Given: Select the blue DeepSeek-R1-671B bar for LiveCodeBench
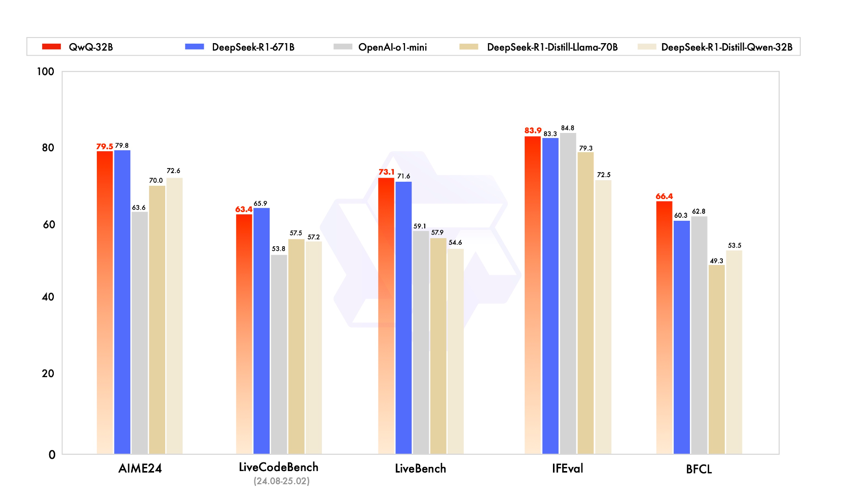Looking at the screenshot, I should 262,330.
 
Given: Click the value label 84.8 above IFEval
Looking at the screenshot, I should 568,128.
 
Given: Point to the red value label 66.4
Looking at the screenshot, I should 664,196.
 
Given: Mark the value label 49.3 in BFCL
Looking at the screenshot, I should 716,261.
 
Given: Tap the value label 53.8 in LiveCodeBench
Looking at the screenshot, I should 278,249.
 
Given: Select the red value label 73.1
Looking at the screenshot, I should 386,172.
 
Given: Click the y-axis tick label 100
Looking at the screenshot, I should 45,72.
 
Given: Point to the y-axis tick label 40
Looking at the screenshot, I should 48,297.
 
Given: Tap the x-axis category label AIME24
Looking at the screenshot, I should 140,468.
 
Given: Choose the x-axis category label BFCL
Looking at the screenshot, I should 699,469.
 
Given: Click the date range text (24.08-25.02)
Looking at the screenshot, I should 281,481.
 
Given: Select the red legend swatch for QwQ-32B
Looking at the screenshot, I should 51,47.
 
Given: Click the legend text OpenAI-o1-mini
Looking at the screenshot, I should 392,47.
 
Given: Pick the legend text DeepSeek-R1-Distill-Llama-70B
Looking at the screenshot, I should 552,47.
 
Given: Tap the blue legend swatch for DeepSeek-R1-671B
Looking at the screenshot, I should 194,47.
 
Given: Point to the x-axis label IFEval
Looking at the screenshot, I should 567,468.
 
